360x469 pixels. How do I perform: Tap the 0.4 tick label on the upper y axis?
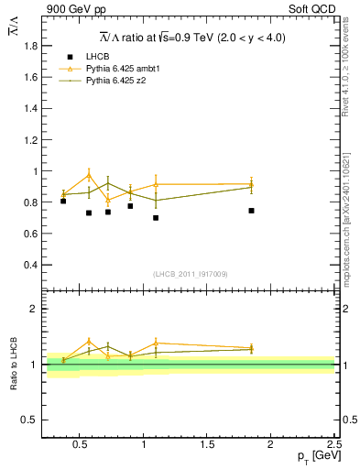pos(29,265)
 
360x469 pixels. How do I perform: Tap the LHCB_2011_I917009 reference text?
pos(190,274)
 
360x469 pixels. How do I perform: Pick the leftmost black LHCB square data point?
pos(63,201)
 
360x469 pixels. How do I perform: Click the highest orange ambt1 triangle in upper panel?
pos(90,174)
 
